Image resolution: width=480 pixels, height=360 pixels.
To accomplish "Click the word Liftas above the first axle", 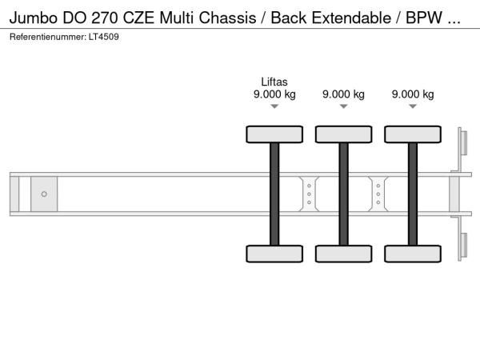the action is pyautogui.click(x=274, y=82).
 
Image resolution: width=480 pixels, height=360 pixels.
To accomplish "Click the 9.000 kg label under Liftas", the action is pyautogui.click(x=274, y=94).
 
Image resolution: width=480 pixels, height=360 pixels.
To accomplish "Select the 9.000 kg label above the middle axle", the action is pyautogui.click(x=343, y=94).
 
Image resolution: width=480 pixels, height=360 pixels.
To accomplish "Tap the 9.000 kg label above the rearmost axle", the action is pyautogui.click(x=413, y=94).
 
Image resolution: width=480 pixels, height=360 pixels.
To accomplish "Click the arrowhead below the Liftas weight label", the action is pyautogui.click(x=274, y=106).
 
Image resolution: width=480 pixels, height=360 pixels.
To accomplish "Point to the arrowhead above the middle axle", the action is pyautogui.click(x=344, y=106).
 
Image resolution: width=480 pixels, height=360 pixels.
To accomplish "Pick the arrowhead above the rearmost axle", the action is pyautogui.click(x=413, y=106).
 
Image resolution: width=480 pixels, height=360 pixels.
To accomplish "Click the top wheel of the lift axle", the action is pyautogui.click(x=274, y=134).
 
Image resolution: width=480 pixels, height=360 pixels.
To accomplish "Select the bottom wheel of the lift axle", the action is pyautogui.click(x=274, y=254).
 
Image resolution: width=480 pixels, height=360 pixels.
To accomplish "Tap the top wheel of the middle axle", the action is pyautogui.click(x=344, y=134).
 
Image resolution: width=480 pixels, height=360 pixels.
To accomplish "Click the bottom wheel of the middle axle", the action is pyautogui.click(x=344, y=254).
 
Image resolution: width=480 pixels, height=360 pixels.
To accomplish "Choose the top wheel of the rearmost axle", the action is pyautogui.click(x=413, y=134).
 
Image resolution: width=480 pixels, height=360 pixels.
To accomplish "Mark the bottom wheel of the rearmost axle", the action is pyautogui.click(x=413, y=254).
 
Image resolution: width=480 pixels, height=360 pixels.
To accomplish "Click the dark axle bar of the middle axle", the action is pyautogui.click(x=344, y=194).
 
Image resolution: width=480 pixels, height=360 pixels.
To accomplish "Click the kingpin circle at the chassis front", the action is pyautogui.click(x=44, y=194).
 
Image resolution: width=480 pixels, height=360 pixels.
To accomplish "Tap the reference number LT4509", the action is pyautogui.click(x=104, y=37).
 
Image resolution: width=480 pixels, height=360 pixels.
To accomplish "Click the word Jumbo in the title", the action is pyautogui.click(x=34, y=18).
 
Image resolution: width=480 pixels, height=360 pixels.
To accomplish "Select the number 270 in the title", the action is pyautogui.click(x=105, y=18).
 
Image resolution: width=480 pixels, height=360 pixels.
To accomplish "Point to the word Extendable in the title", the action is pyautogui.click(x=351, y=18).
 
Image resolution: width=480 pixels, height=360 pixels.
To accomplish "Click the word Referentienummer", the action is pyautogui.click(x=48, y=37).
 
